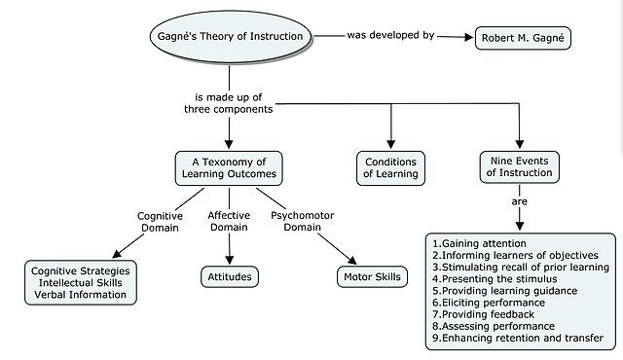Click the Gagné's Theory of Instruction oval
pyautogui.click(x=230, y=37)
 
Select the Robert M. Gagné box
pyautogui.click(x=523, y=39)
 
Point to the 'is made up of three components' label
pyautogui.click(x=230, y=102)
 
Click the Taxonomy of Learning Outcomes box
pyautogui.click(x=229, y=167)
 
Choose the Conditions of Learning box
pyautogui.click(x=390, y=167)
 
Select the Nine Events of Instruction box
pyautogui.click(x=519, y=166)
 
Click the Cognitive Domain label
pyautogui.click(x=160, y=222)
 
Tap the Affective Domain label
pyautogui.click(x=230, y=222)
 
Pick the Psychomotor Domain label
pyautogui.click(x=301, y=222)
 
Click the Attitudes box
pyautogui.click(x=230, y=277)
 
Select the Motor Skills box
pyautogui.click(x=372, y=277)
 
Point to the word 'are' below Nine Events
pyautogui.click(x=520, y=202)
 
